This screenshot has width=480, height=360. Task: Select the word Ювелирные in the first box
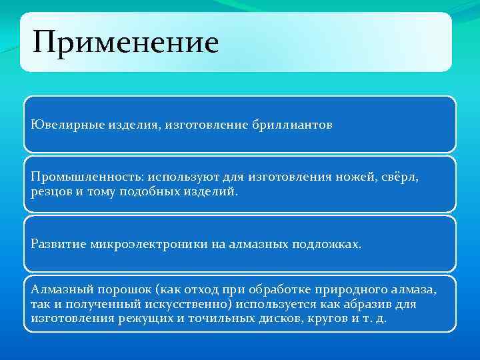point(61,125)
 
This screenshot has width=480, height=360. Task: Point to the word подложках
point(326,244)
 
